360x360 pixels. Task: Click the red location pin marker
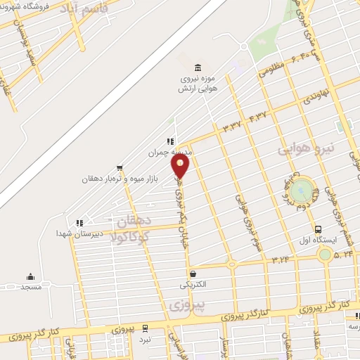[181, 166]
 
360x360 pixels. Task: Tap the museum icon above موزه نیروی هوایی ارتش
[197, 67]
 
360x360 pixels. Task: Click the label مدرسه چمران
[169, 151]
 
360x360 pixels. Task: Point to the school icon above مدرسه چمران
[169, 141]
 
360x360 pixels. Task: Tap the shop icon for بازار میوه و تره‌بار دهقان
[120, 169]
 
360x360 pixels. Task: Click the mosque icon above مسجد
[30, 276]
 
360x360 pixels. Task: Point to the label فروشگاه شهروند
[27, 8]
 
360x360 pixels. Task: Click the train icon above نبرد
[145, 328]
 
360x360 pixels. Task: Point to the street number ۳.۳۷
[232, 126]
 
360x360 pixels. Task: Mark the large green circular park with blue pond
[302, 189]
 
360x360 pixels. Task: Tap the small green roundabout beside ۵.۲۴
[324, 253]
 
